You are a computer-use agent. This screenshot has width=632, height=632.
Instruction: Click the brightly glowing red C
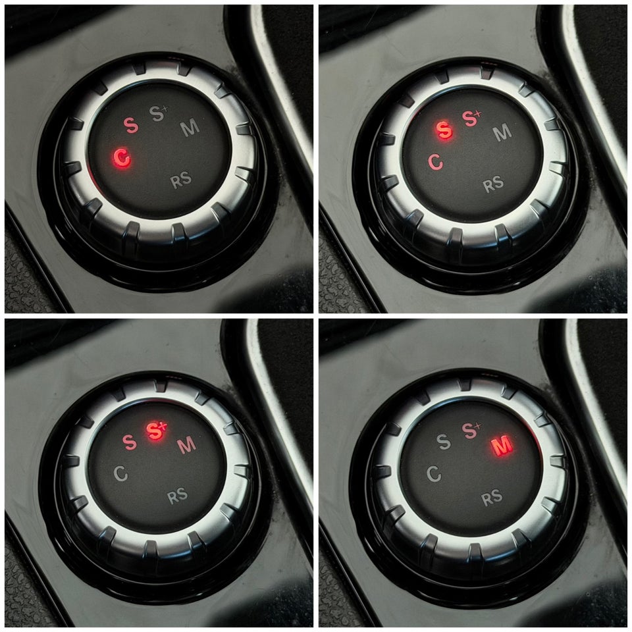pos(122,157)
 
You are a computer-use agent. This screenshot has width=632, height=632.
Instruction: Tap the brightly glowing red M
pos(502,446)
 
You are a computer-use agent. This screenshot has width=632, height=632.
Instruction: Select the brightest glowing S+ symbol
pos(156,430)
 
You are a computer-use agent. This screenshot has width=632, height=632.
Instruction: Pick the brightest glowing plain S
pos(444,130)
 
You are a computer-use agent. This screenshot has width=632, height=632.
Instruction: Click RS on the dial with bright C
pos(181,180)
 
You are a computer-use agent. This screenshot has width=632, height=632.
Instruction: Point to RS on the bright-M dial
pos(492,498)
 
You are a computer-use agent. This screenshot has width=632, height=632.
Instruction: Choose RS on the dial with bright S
pos(493,184)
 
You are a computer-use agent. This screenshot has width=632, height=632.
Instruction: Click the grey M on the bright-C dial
pos(190,128)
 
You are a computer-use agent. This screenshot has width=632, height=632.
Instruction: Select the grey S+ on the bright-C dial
pos(158,113)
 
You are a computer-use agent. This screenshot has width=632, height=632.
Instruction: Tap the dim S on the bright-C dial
pos(131,125)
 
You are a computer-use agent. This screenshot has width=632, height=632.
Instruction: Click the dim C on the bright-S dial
pos(435,162)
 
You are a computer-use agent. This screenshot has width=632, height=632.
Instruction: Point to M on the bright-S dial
pos(502,132)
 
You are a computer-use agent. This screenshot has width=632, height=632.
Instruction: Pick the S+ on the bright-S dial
pos(471,118)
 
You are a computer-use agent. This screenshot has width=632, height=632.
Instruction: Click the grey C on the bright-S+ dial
pos(120,473)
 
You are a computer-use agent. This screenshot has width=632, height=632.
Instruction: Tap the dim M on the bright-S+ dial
pos(186,445)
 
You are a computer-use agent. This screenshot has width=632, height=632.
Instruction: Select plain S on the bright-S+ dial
pos(130,442)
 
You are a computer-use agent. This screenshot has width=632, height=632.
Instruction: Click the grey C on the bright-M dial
pos(434,473)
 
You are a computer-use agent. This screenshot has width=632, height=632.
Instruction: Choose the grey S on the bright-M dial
pos(444,442)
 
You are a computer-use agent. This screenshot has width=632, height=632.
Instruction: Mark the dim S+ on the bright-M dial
pos(471,431)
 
